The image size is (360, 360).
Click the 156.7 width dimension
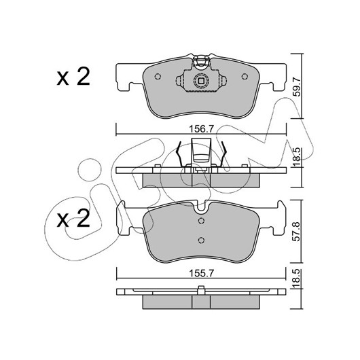pos(201,129)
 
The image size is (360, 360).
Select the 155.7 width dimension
pos(201,273)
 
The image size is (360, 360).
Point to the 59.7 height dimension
pos(298,87)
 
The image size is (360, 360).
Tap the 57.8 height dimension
pos(298,232)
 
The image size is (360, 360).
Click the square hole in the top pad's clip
pos(201,81)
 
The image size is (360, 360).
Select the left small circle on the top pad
pos(158,77)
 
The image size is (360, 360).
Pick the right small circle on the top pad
pos(245,77)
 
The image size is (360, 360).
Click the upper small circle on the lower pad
pos(201,221)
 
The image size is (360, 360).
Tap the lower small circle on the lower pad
pos(201,240)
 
